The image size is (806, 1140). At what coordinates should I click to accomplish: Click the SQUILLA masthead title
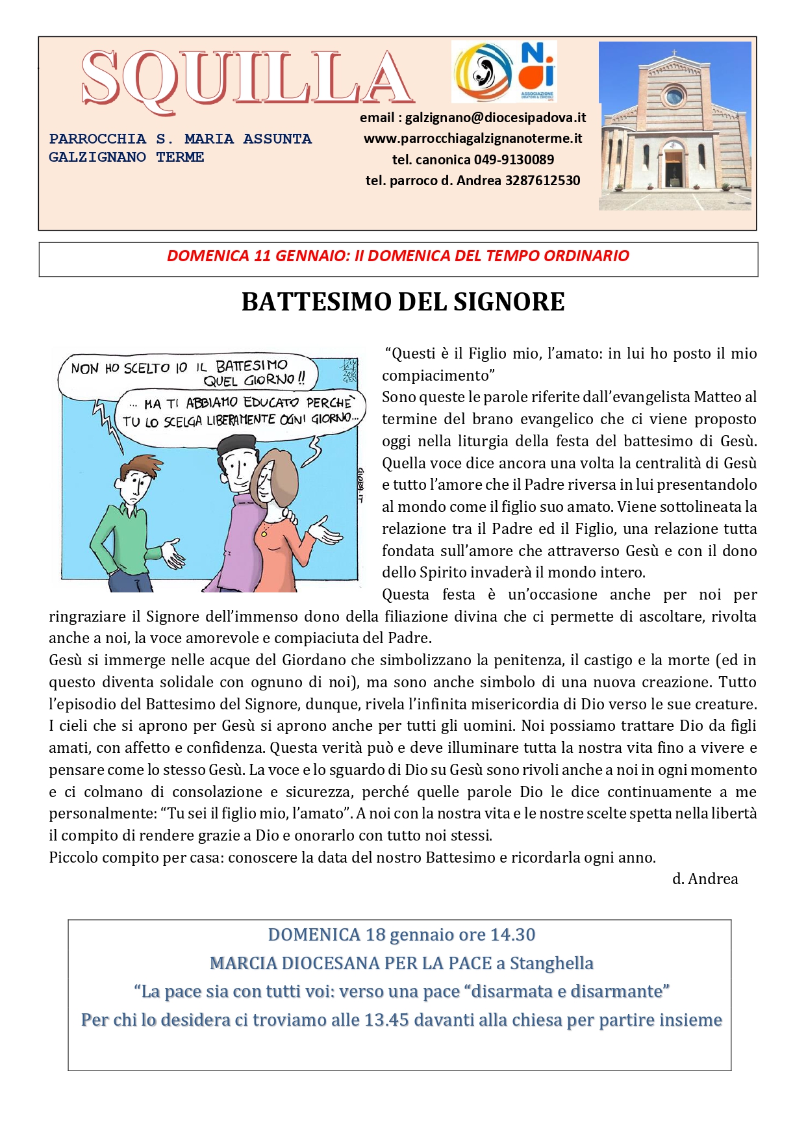coord(247,78)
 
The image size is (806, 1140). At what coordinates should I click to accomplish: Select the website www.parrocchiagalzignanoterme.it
coord(472,138)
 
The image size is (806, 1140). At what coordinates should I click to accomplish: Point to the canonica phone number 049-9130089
coord(514,160)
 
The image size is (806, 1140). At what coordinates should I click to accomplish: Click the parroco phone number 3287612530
coord(542,181)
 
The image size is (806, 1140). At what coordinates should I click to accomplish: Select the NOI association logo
coord(538,70)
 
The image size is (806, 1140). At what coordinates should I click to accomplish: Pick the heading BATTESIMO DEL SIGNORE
coord(403,302)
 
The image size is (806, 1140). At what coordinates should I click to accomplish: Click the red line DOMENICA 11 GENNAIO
coord(397,256)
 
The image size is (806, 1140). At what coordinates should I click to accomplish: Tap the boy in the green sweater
coord(133,520)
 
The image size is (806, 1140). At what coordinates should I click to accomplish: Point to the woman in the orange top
coord(279,520)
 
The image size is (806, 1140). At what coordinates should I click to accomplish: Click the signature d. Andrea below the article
coord(705,879)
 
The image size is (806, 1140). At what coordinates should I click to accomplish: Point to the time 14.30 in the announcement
coord(512,935)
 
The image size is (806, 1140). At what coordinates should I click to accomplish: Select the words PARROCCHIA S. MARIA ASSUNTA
coord(180,139)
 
